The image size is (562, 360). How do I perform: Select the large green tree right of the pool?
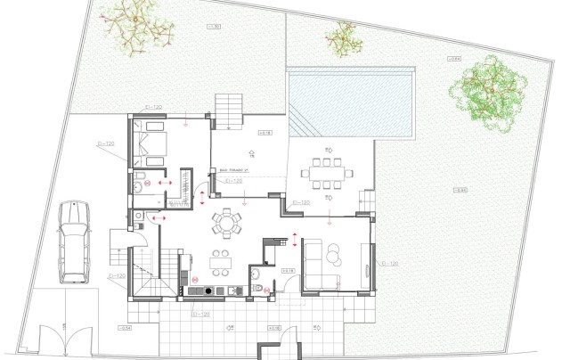pos(486,92)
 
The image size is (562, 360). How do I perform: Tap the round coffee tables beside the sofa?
pos(333,257)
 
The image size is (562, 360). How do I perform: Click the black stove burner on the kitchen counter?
pos(208,290)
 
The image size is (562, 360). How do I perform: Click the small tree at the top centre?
pos(340,37)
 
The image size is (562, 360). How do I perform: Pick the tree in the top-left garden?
pos(137,29)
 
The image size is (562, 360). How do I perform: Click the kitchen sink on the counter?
pos(233,290)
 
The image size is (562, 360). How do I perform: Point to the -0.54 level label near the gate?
pos(124,329)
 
